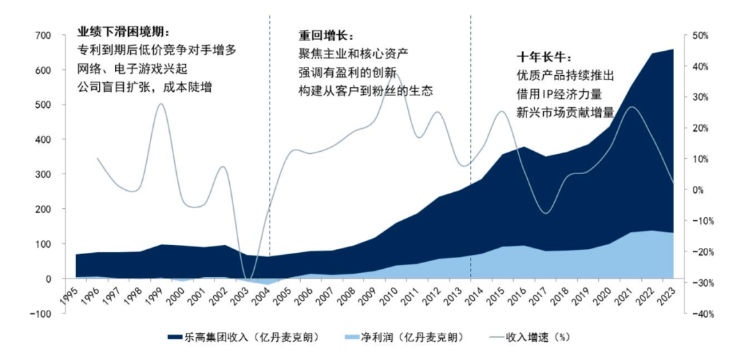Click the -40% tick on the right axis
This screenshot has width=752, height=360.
698,313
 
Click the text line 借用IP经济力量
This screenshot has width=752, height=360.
558,93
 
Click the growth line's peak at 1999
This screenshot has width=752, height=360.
162,104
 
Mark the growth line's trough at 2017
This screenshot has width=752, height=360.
546,213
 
